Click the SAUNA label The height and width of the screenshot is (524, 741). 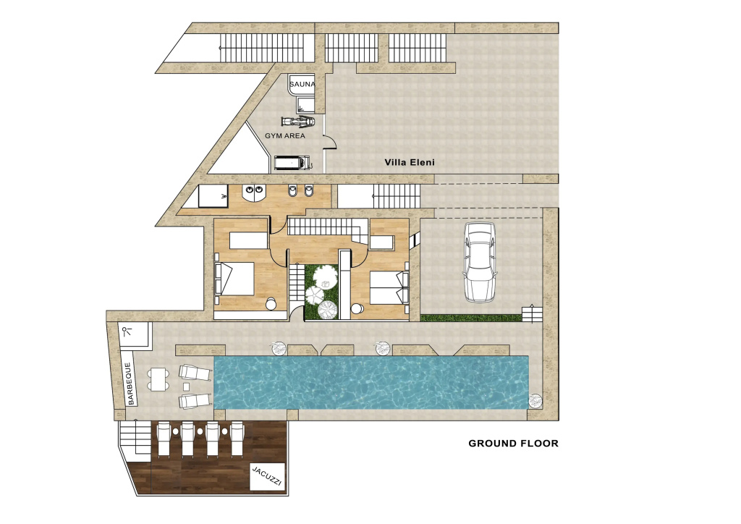302,84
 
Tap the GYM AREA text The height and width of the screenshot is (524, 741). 285,135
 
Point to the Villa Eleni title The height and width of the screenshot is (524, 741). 410,162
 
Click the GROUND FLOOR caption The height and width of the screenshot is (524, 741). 513,443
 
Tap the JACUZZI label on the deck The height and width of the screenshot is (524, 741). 267,476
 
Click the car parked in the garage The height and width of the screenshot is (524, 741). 480,262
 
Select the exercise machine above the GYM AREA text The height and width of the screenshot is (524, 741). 298,122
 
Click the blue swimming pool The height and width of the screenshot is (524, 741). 371,382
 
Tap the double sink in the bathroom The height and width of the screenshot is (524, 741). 254,192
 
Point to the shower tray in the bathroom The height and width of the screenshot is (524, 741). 213,195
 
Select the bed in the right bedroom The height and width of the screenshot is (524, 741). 389,287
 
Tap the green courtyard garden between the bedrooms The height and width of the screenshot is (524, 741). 322,292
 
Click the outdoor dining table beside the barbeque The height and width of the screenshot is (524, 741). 158,379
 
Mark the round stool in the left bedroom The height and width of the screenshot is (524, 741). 271,304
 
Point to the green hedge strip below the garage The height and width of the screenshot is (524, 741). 470,318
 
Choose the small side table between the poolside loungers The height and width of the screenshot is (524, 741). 186,386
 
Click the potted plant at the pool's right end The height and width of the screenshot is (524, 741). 535,401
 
